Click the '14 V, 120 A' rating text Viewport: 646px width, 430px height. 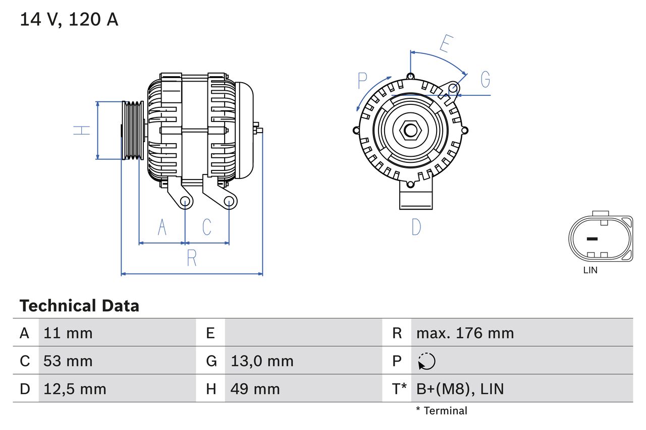click(69, 20)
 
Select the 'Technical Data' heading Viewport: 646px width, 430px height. click(79, 306)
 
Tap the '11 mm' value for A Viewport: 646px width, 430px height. click(68, 333)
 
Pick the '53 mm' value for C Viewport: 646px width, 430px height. click(68, 361)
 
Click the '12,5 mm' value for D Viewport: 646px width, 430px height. click(75, 389)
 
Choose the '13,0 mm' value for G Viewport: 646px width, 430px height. click(262, 361)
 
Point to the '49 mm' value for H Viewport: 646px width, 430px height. click(255, 389)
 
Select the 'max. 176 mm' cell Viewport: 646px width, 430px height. click(465, 333)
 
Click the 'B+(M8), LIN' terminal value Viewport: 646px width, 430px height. click(460, 389)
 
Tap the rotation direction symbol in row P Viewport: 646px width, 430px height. click(427, 361)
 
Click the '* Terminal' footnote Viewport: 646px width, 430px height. click(442, 411)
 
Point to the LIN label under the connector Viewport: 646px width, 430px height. click(590, 270)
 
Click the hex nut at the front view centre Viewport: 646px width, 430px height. click(411, 131)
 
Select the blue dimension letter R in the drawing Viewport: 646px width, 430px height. click(192, 258)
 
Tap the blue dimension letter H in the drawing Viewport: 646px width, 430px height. click(82, 130)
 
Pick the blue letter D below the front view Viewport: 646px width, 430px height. click(416, 227)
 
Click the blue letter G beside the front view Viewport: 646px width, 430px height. click(485, 80)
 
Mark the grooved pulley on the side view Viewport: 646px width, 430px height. click(133, 131)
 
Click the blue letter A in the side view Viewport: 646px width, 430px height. click(161, 227)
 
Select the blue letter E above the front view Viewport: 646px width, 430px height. click(445, 44)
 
